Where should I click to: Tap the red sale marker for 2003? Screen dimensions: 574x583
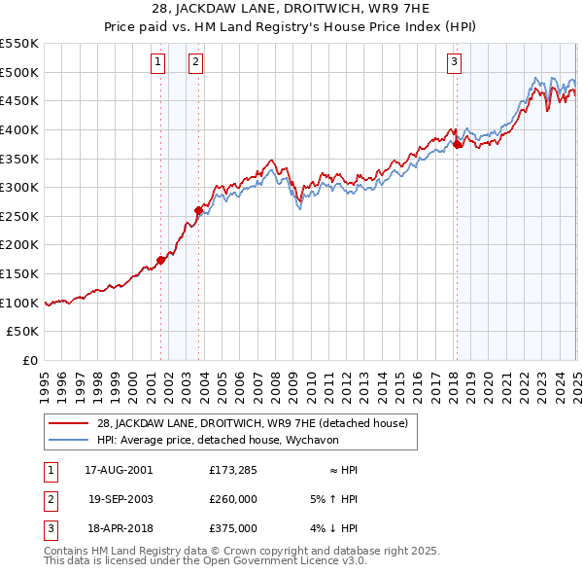198,209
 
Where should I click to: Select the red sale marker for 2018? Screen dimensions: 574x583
457,145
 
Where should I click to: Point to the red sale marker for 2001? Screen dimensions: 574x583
161,260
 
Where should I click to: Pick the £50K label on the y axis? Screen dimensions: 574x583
23,332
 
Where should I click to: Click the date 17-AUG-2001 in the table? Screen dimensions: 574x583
119,470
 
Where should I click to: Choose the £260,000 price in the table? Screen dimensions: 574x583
233,499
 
